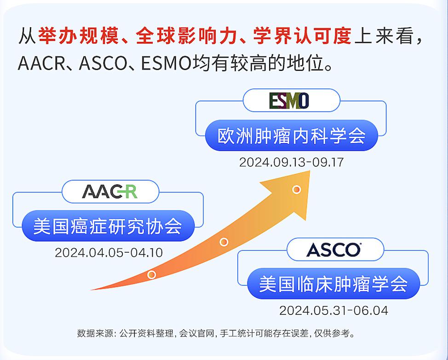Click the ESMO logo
[x=289, y=100]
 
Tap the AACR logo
[x=109, y=192]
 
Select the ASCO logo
[x=334, y=250]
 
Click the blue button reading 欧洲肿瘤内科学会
[x=291, y=136]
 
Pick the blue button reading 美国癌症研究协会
[x=108, y=226]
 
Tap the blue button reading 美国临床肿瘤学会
[x=333, y=284]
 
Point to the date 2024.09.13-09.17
[x=291, y=163]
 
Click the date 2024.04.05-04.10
[x=109, y=253]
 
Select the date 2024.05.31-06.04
[x=333, y=310]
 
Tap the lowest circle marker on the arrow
[x=151, y=275]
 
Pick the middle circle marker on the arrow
[x=224, y=242]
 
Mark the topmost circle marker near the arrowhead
[x=297, y=189]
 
